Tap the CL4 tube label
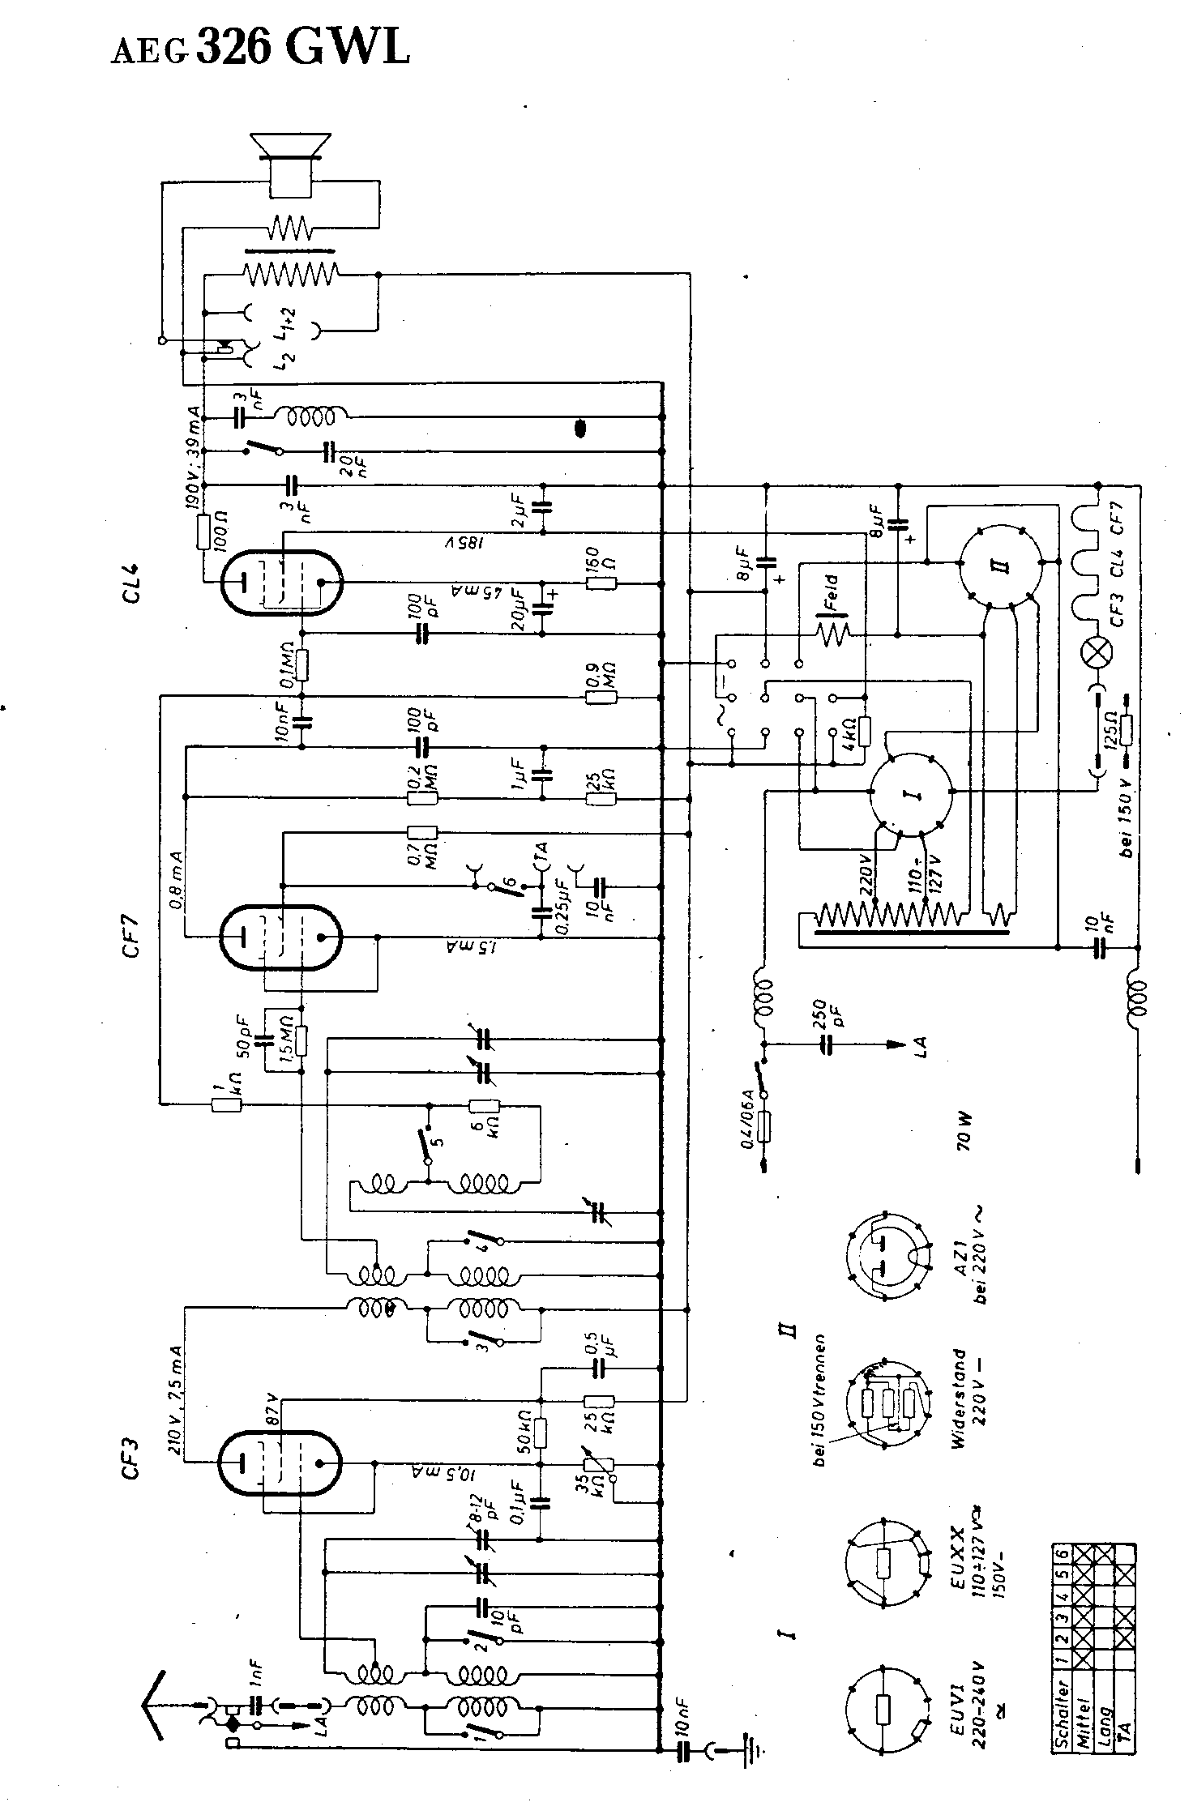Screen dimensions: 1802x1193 [x=131, y=582]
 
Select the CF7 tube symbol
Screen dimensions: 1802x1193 [x=280, y=937]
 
